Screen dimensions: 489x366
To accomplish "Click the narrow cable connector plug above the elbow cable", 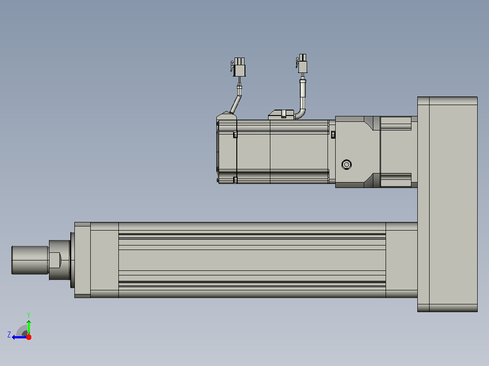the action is (302, 64).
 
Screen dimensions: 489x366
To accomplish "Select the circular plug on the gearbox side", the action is (347, 164).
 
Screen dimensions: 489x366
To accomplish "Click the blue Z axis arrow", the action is (20, 337).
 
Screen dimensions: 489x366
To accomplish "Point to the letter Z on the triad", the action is (9, 335).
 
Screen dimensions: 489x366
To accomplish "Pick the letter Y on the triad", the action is (29, 315).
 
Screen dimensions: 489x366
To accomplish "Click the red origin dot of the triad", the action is (29, 337).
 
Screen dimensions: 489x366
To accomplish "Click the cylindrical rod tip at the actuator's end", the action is (30, 260).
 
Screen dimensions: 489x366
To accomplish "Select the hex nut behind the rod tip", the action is (55, 260).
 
